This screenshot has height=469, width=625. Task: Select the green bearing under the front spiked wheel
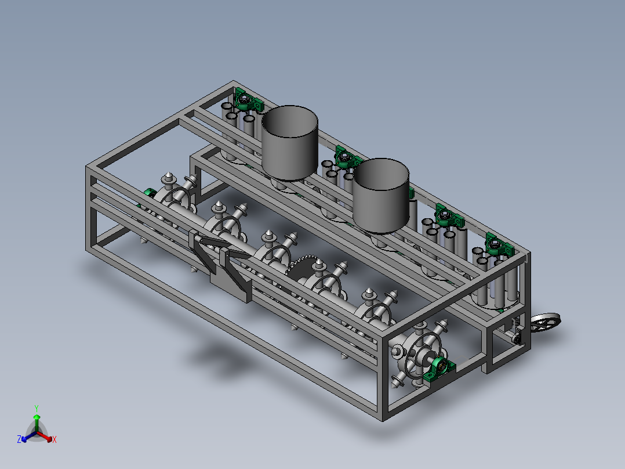point(439,369)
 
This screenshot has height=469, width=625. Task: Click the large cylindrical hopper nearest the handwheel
point(381,195)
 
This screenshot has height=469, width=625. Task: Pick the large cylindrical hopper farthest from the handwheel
point(290,142)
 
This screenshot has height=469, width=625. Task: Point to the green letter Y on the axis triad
point(37,409)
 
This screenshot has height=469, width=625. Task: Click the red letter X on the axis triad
point(54,439)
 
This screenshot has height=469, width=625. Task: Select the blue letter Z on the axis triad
point(19,439)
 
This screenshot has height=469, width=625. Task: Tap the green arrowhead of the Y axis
point(37,417)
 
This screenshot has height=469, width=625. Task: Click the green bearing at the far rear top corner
point(248,100)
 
